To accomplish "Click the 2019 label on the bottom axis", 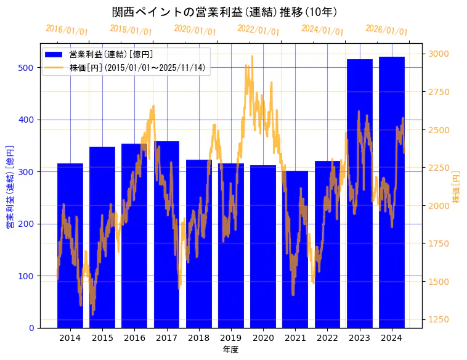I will click(231, 338).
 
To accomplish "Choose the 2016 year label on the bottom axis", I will click(134, 338).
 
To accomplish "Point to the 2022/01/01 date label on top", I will click(258, 30).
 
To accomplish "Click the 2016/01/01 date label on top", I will click(67, 30).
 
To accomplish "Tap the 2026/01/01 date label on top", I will click(386, 30).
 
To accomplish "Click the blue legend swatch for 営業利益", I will click(55, 55).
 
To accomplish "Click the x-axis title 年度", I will click(230, 350).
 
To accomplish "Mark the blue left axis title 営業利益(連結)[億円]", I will click(10, 187).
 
